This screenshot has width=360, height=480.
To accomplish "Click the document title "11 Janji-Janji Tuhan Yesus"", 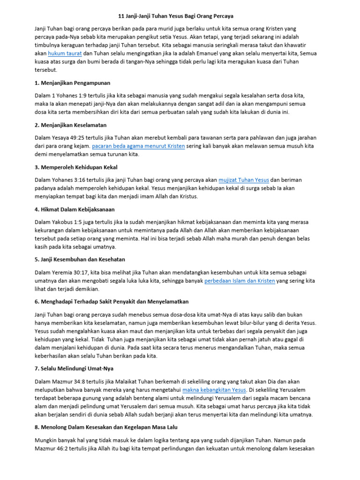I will (x=180, y=16).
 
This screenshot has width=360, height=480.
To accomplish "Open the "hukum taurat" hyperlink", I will (x=65, y=53).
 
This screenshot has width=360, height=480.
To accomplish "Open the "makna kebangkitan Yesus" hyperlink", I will (x=214, y=390).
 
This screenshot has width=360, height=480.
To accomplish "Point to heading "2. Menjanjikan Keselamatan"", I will (x=71, y=125).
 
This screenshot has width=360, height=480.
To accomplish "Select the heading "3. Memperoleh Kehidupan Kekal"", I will (x=76, y=167).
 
